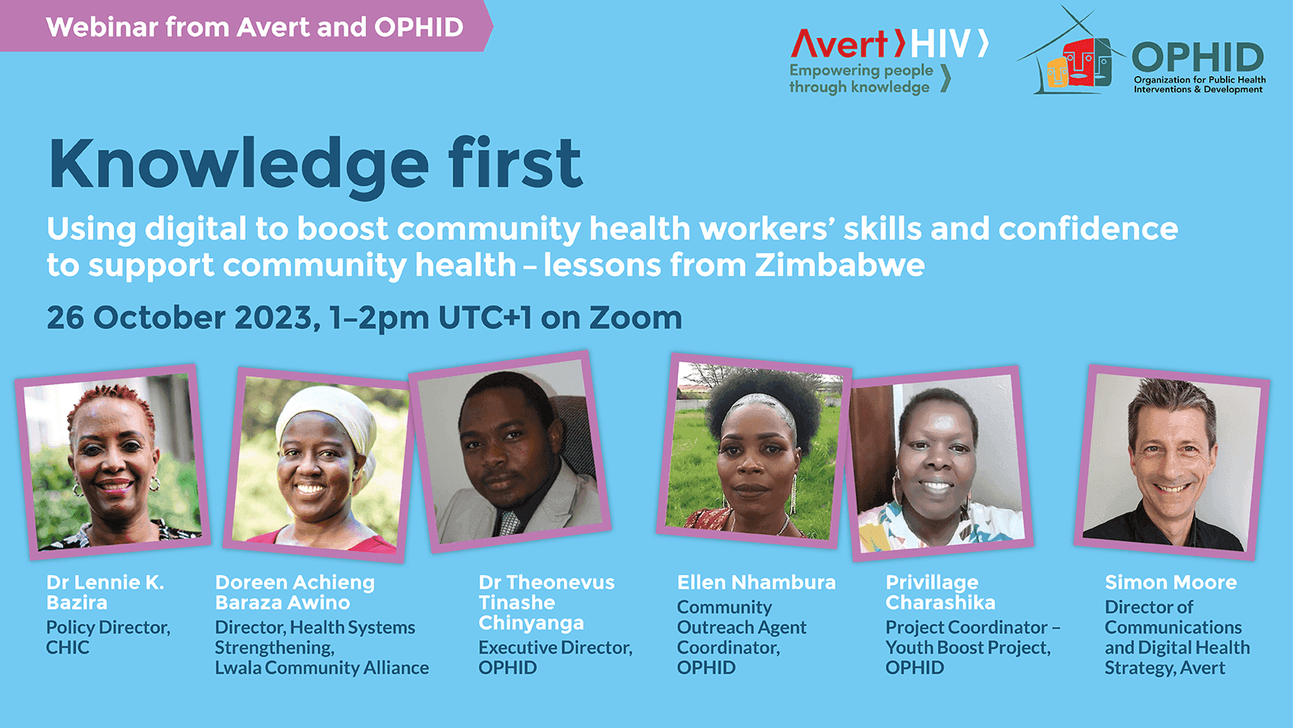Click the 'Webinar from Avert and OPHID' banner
(255, 27)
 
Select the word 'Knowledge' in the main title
(238, 164)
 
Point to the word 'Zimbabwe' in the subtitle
(840, 265)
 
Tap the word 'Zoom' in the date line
(635, 318)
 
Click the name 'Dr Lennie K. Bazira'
(105, 592)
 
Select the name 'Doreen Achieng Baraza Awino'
(295, 592)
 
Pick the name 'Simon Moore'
(1170, 582)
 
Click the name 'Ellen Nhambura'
(756, 582)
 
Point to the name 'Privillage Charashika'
(940, 592)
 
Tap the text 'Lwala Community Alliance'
(322, 668)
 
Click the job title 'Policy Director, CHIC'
(107, 637)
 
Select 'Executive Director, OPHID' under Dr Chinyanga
(555, 658)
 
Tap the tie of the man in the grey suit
(509, 522)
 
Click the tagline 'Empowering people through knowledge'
(861, 78)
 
